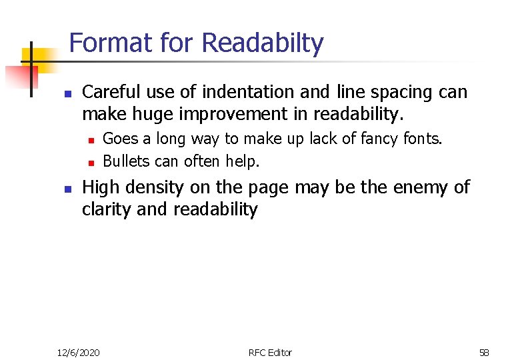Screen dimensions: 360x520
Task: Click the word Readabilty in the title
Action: pyautogui.click(x=262, y=44)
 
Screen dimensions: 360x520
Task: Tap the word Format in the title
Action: pyautogui.click(x=111, y=43)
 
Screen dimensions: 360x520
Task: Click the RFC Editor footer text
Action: pyautogui.click(x=270, y=352)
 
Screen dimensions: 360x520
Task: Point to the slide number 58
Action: pyautogui.click(x=484, y=352)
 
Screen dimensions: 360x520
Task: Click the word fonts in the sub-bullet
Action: pyautogui.click(x=423, y=139)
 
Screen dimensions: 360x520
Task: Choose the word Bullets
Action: pyautogui.click(x=125, y=161)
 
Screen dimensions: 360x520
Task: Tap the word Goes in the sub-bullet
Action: pyautogui.click(x=118, y=139)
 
